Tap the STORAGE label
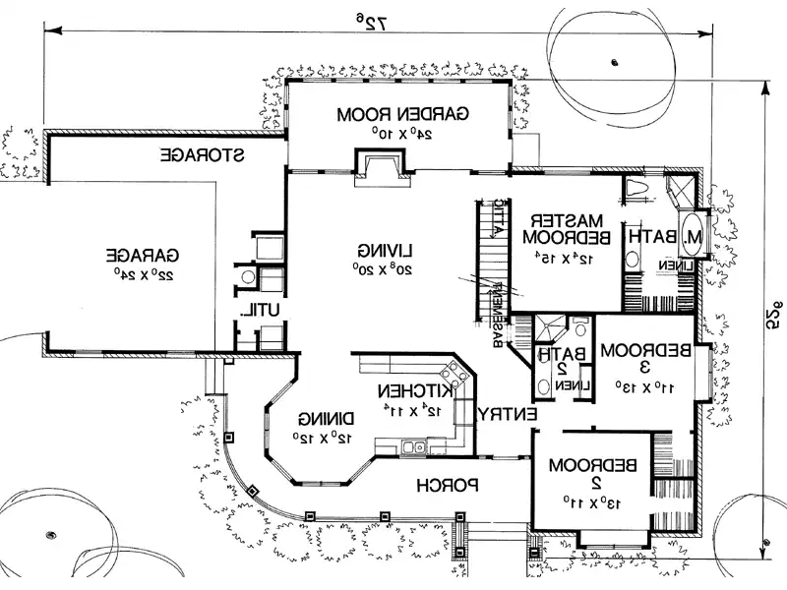coord(203,155)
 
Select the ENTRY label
coord(508,415)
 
